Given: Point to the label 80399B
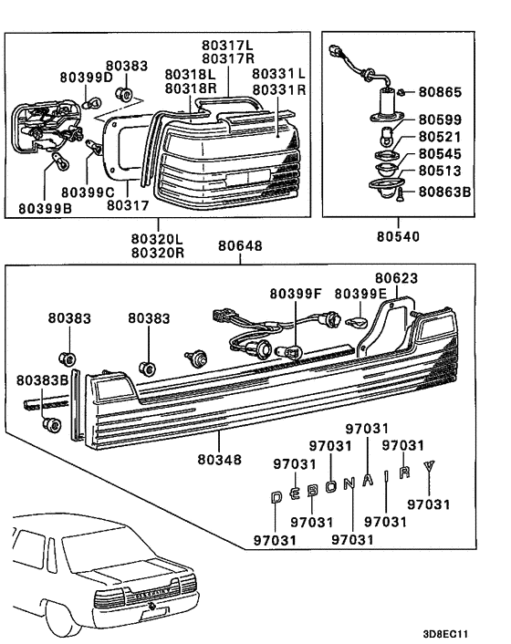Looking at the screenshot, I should pos(43,208).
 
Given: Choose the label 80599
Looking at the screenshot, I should pos(442,119).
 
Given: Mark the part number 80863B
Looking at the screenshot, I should pos(445,192).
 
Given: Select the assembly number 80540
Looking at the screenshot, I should pos(398,235).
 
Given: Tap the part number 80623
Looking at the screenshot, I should pos(399,275).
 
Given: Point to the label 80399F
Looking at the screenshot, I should pos(297,294).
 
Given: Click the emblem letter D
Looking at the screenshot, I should pos(277,498).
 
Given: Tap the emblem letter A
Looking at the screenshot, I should pos(368,482).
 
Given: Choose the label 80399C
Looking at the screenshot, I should pos(87,193).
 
